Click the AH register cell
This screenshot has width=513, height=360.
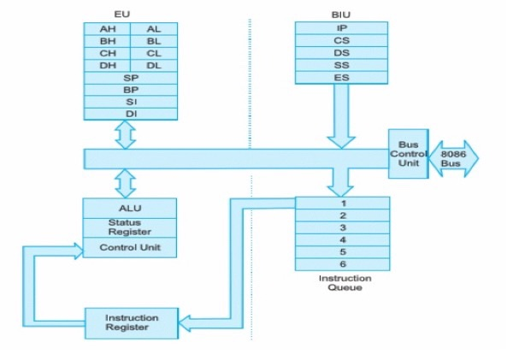tap(107, 28)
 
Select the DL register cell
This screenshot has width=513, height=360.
tap(153, 64)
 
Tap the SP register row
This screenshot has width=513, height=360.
tap(130, 77)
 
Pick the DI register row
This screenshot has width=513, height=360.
tap(130, 113)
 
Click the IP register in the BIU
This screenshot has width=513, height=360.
tap(342, 28)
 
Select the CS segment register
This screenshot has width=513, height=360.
tap(342, 40)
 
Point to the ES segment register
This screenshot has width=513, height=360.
tap(342, 78)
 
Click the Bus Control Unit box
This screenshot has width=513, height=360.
tap(408, 154)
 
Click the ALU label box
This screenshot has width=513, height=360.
tap(130, 208)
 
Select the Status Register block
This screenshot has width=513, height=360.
tap(130, 227)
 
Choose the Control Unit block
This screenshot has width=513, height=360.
tap(130, 248)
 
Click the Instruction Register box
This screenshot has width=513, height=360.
tap(132, 322)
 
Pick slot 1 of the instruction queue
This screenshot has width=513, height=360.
tap(342, 204)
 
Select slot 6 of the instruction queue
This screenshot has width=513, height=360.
tap(342, 265)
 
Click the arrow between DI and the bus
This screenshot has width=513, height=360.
tap(126, 134)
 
